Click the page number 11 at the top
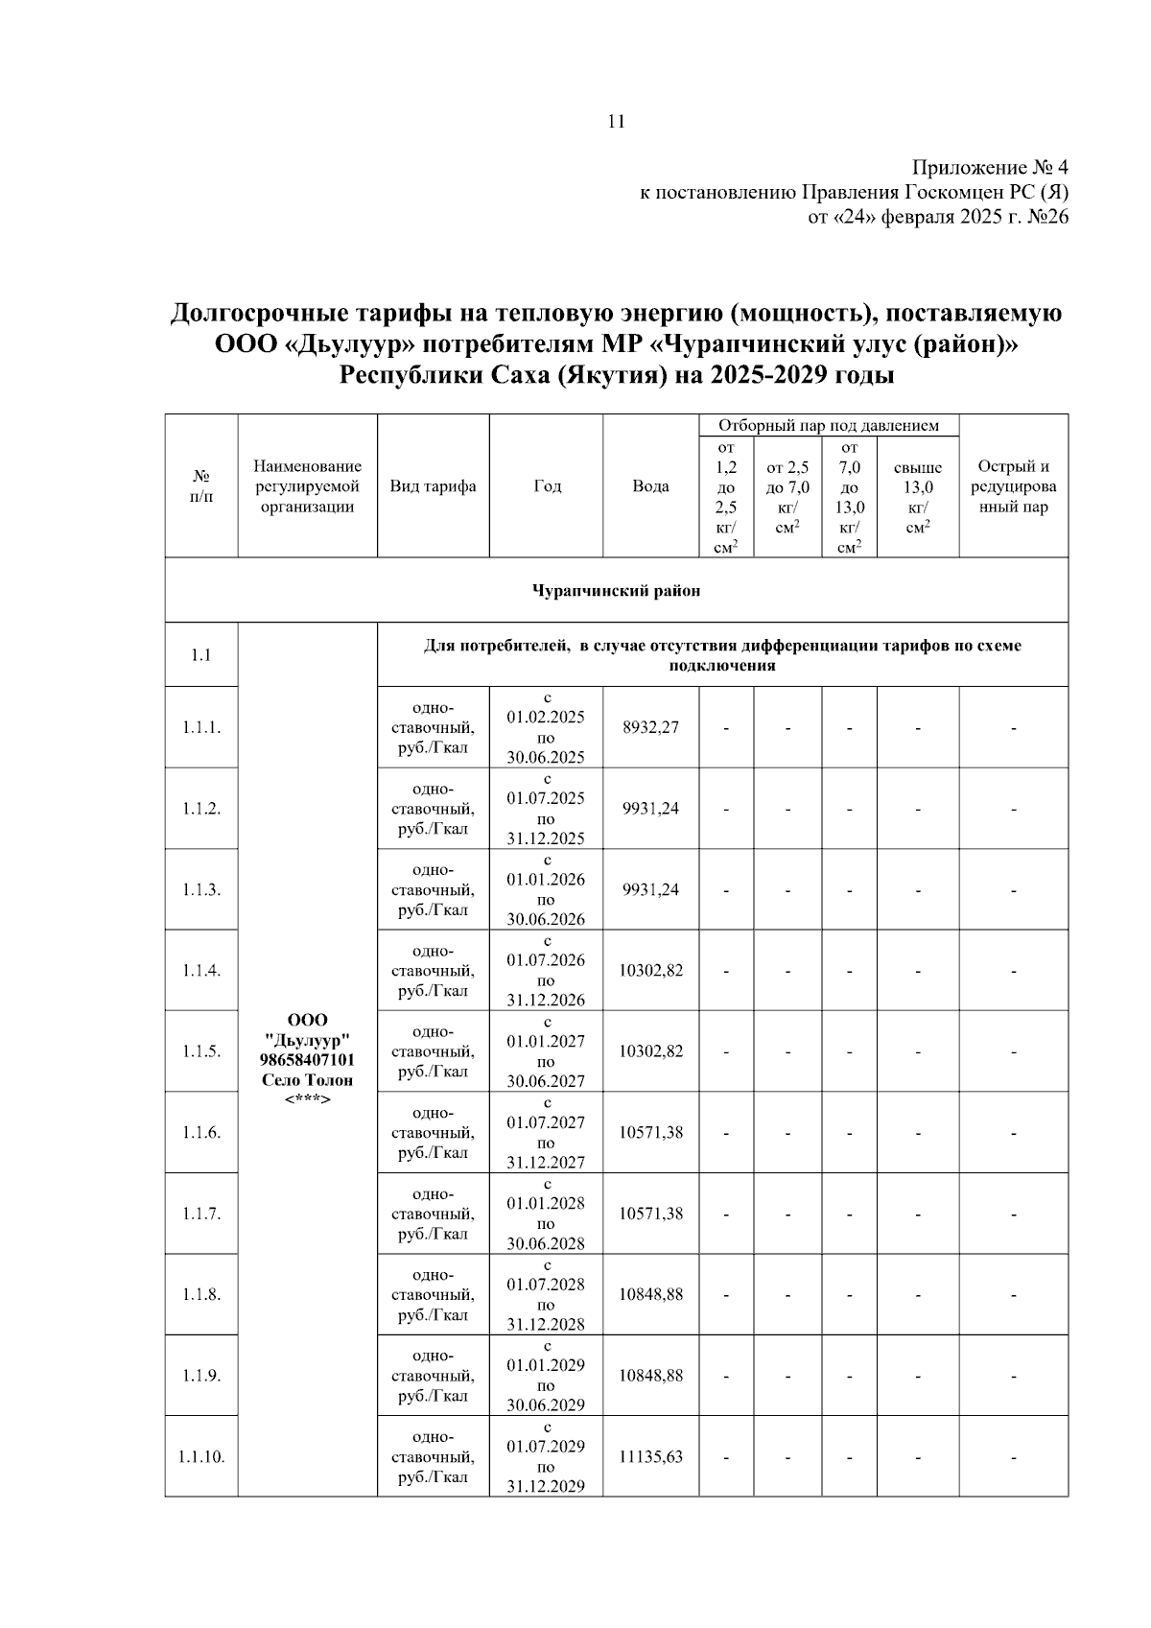pos(616,121)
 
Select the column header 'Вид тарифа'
pos(433,486)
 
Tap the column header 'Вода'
pos(650,486)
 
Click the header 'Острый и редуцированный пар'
pos(1013,486)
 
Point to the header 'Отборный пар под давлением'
pos(829,425)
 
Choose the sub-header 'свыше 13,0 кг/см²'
pos(917,497)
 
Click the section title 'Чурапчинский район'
pos(616,590)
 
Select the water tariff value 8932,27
pos(650,727)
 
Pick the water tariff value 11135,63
pos(650,1456)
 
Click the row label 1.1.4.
pos(201,970)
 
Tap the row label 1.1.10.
pos(201,1456)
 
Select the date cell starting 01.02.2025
pos(546,727)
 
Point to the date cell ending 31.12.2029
pos(546,1456)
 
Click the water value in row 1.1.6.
pos(650,1132)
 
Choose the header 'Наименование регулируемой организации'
pos(307,486)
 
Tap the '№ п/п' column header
pos(201,486)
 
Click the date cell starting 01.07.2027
pos(546,1132)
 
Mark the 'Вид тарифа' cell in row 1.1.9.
pos(433,1376)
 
